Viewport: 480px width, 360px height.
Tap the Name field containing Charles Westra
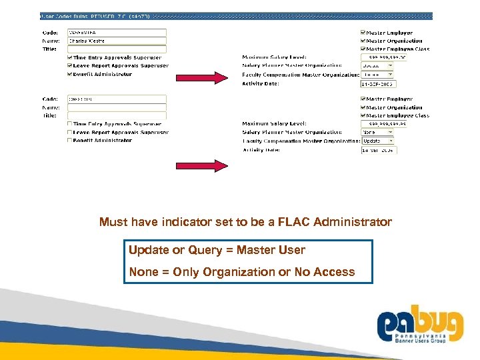(x=117, y=41)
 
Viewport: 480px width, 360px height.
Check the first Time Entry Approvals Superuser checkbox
(x=70, y=58)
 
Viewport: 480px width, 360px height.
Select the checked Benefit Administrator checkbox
(x=70, y=74)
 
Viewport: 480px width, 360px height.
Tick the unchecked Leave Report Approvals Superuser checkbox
(x=70, y=132)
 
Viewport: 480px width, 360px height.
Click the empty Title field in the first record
(x=117, y=49)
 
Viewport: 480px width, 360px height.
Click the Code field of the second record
(x=117, y=99)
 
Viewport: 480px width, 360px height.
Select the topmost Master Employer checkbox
(x=363, y=33)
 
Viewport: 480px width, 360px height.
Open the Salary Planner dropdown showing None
(x=377, y=133)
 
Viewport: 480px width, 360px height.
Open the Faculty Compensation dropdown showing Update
(x=377, y=141)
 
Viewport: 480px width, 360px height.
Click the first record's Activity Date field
(x=379, y=84)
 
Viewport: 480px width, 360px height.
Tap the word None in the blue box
(x=143, y=272)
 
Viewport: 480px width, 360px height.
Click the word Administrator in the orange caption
(x=356, y=222)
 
